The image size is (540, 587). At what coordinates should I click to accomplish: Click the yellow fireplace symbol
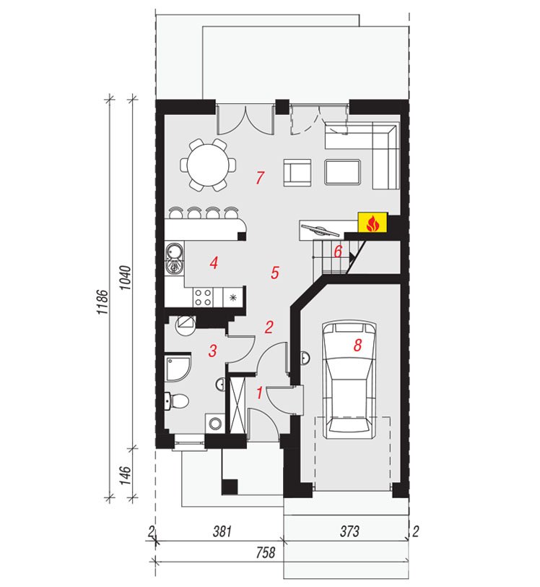(x=373, y=223)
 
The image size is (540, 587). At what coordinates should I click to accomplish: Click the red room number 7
(x=261, y=177)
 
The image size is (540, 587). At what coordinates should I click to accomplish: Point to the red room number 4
(x=214, y=263)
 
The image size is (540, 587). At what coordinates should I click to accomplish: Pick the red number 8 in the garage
(x=357, y=345)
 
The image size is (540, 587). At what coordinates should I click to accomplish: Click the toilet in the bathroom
(x=178, y=401)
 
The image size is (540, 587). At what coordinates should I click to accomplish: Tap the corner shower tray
(x=178, y=369)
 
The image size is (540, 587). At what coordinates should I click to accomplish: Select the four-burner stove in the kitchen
(x=204, y=297)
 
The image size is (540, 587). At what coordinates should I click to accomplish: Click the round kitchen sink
(x=174, y=252)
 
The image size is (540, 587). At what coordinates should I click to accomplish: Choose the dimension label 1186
(x=103, y=301)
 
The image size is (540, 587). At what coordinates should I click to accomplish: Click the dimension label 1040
(x=126, y=278)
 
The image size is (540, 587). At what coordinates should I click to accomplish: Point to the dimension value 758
(x=265, y=552)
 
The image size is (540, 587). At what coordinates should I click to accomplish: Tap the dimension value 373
(x=349, y=531)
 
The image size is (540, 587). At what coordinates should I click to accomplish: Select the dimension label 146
(x=126, y=476)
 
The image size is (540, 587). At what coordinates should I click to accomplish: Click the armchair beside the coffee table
(x=297, y=173)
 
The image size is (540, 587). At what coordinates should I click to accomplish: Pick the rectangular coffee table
(x=343, y=172)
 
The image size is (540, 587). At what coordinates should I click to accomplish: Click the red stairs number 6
(x=338, y=252)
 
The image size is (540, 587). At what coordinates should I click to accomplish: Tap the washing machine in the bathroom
(x=214, y=424)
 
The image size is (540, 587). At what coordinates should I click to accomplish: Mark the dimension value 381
(x=222, y=531)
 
